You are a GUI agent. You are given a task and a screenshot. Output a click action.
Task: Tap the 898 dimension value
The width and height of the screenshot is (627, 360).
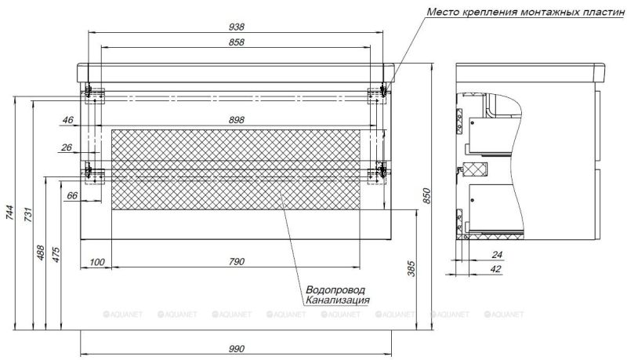[x=237, y=119]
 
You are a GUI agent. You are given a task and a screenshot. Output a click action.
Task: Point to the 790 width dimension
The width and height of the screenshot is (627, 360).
[x=237, y=261]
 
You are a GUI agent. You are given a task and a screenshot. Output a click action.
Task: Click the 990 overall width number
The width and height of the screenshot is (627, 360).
[x=237, y=348]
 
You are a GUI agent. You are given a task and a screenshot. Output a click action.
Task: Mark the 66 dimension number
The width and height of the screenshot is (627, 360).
[x=72, y=195]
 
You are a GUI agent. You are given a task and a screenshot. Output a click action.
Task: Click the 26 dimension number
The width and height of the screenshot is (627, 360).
[x=67, y=147]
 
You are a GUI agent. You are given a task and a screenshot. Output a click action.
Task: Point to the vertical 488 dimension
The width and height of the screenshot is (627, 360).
[x=41, y=253]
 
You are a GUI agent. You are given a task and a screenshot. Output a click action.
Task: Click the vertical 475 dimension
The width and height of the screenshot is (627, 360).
[x=56, y=255]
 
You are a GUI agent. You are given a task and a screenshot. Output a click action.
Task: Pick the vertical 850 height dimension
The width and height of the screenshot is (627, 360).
[x=427, y=196]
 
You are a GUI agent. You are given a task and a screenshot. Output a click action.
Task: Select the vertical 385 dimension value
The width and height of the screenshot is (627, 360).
[x=411, y=270]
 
